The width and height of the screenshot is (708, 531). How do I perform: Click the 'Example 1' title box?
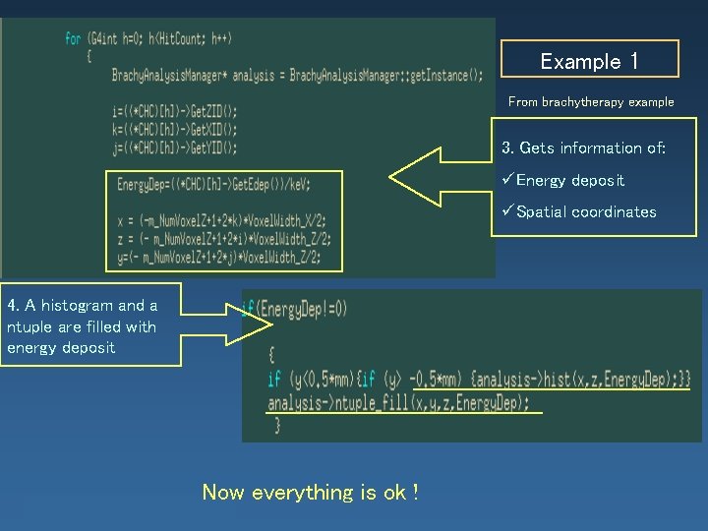point(590,60)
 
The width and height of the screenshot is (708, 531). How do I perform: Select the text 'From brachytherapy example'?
point(591,101)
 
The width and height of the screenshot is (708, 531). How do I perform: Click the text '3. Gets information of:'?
point(583,147)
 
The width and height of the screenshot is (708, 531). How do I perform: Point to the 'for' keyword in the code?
point(73,38)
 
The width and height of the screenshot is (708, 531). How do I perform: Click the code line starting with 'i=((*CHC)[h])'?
point(174,111)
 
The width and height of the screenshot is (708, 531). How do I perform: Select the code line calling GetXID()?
point(174,129)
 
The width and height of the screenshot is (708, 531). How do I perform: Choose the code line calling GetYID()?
point(174,147)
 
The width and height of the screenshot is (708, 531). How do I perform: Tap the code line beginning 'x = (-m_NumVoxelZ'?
point(221,220)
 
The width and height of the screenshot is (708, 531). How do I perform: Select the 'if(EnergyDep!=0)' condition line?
point(295,309)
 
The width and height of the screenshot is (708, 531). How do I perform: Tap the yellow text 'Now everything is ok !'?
point(311,492)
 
